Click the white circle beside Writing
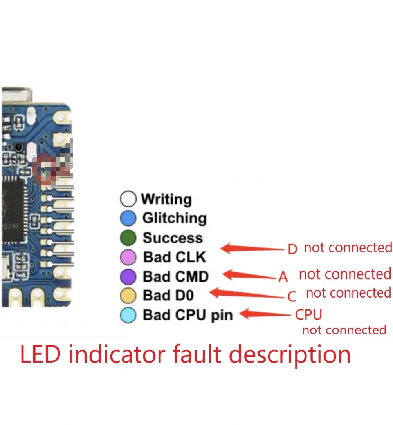click(128, 199)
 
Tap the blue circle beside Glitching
click(128, 218)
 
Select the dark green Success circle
click(128, 238)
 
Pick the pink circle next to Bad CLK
click(128, 257)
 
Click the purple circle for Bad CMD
click(128, 277)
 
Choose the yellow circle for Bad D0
click(128, 296)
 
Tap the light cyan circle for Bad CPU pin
click(128, 315)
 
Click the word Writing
click(166, 199)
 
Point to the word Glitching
click(174, 218)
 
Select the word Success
click(173, 238)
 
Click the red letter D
click(292, 249)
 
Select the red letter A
click(283, 277)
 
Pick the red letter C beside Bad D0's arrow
click(292, 297)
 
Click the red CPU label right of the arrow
click(308, 314)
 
